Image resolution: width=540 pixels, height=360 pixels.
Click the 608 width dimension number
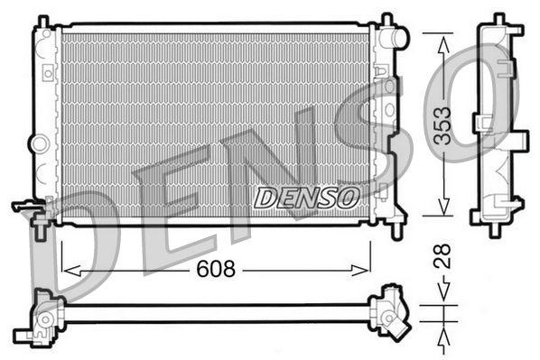click(x=215, y=269)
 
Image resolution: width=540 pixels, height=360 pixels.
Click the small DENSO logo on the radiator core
click(x=306, y=196)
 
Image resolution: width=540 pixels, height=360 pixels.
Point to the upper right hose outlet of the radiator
click(x=395, y=38)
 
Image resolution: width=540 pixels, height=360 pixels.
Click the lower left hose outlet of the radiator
click(x=27, y=207)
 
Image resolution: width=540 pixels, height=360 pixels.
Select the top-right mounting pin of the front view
click(x=386, y=19)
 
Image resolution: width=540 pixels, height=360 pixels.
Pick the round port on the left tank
click(x=38, y=143)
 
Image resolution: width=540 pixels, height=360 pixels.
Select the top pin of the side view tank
click(x=497, y=20)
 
